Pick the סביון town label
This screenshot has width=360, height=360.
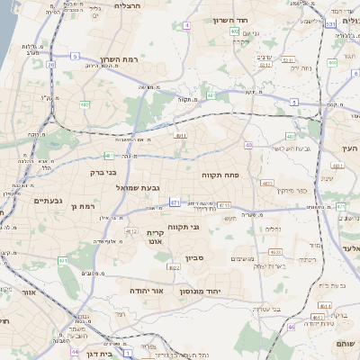[x=196, y=258]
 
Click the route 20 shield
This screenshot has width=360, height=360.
[x=51, y=65]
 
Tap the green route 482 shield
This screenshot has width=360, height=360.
[x=85, y=104]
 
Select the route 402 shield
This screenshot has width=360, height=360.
[x=234, y=31]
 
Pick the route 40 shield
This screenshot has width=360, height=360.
[x=247, y=145]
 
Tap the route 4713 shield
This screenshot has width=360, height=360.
[x=223, y=205]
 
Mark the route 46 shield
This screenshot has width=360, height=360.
[x=291, y=327]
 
